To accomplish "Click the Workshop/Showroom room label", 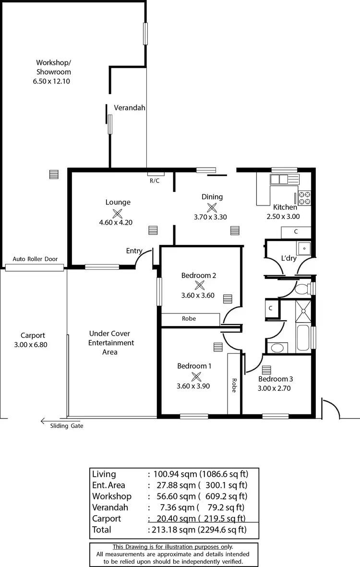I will click(x=53, y=67).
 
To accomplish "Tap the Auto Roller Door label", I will click(x=35, y=259).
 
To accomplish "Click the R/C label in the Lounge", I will click(x=155, y=181).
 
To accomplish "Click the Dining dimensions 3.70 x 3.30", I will click(x=210, y=217).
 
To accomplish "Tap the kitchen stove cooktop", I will click(x=305, y=198).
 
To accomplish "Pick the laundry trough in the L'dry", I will click(x=304, y=248).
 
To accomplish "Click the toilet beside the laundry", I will click(x=303, y=289).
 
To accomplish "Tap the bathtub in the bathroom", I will click(x=303, y=338).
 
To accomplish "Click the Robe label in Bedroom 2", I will click(x=189, y=318).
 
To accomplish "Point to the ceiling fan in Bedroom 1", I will click(x=196, y=376).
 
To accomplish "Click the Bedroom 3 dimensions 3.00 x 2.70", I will click(x=276, y=388).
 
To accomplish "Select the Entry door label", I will click(x=134, y=251).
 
